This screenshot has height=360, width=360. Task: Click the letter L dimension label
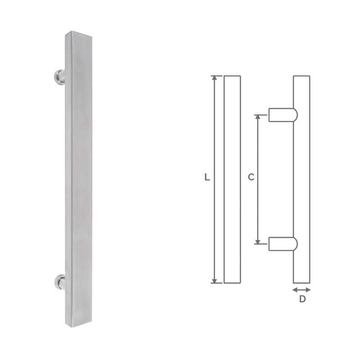tap(207, 177)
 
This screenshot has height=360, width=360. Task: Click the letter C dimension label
tap(251, 177)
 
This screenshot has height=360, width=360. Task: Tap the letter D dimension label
tap(302, 299)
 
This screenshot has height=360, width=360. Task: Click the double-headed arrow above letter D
tap(301, 290)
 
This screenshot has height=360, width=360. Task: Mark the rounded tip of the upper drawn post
tap(295, 115)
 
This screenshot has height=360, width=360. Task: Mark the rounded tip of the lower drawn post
tap(295, 244)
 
